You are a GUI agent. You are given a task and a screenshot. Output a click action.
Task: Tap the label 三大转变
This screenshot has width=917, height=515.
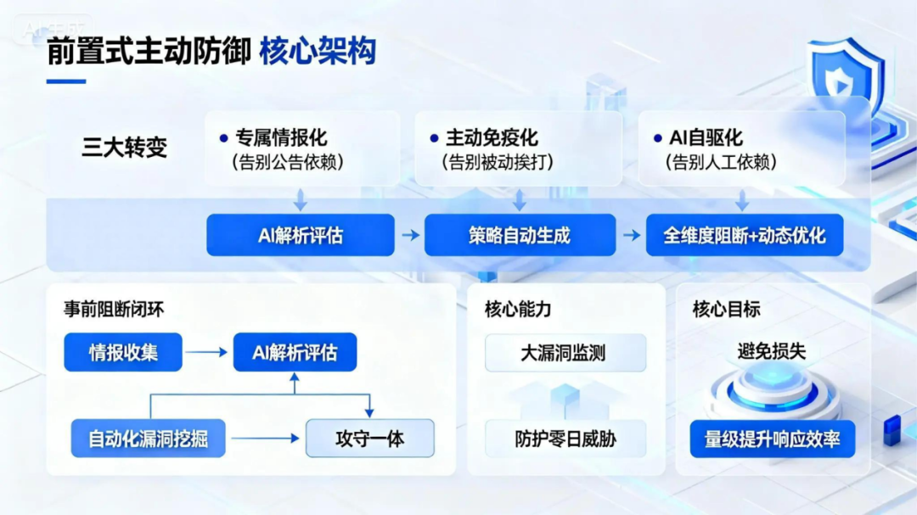[x=124, y=147]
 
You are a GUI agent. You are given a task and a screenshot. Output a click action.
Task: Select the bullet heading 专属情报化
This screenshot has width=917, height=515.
[x=280, y=137]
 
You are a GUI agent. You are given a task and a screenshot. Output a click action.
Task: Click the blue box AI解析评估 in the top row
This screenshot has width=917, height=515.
[x=301, y=235]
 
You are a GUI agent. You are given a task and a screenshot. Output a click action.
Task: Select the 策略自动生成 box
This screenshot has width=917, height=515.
[x=520, y=235]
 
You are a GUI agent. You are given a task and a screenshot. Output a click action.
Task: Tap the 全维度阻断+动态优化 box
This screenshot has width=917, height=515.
[x=745, y=235]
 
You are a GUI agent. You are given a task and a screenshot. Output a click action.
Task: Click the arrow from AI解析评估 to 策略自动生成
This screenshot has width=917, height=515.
[x=410, y=235]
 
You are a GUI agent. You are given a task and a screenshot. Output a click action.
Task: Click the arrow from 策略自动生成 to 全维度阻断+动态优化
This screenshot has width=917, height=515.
[x=631, y=235]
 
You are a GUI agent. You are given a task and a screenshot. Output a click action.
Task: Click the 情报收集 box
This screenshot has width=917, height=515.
[x=123, y=352]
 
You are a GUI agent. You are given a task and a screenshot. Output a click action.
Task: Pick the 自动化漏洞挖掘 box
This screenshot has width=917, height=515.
[x=149, y=439]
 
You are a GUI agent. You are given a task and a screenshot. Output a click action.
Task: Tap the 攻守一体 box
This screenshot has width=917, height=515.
[x=369, y=439]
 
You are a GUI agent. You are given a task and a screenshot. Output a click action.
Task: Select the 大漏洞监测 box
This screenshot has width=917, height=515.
[x=565, y=353]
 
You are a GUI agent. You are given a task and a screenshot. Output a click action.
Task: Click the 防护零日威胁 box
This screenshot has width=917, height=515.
[x=565, y=439]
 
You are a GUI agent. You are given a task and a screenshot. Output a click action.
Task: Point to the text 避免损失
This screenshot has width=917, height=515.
[x=771, y=351]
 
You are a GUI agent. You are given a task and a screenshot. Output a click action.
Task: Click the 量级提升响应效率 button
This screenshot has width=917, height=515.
[x=772, y=439]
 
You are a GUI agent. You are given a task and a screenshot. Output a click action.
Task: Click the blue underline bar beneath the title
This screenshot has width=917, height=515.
[x=65, y=81]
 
